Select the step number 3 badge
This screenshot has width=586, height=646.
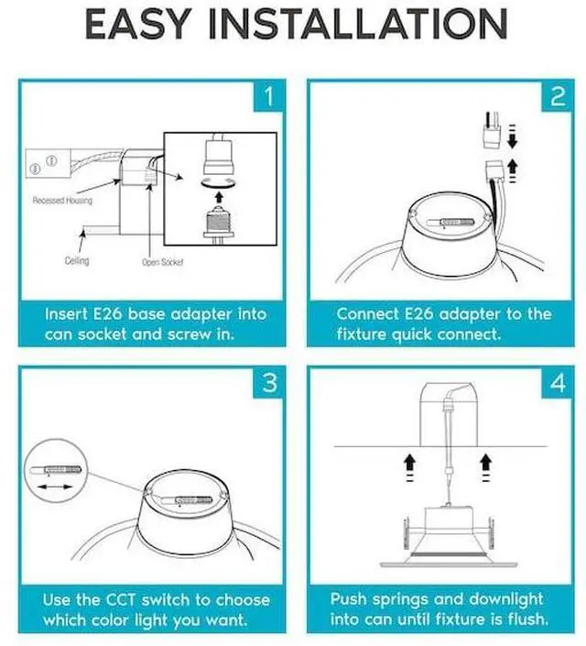point(268,382)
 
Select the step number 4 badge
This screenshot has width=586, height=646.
point(558,382)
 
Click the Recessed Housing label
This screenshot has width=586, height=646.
point(62,201)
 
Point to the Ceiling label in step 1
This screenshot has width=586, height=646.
point(77,261)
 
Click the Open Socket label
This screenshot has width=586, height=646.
point(164,262)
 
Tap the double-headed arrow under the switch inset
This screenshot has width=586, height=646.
point(57,493)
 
